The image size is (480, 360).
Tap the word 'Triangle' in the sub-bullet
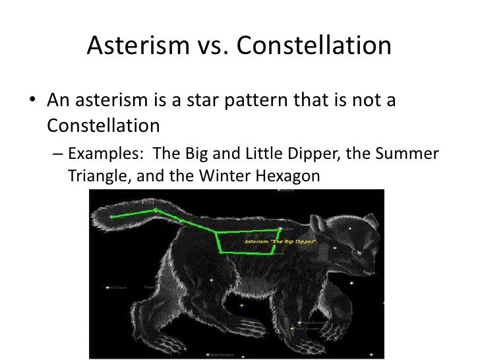96,177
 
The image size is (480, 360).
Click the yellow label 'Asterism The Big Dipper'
281,242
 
